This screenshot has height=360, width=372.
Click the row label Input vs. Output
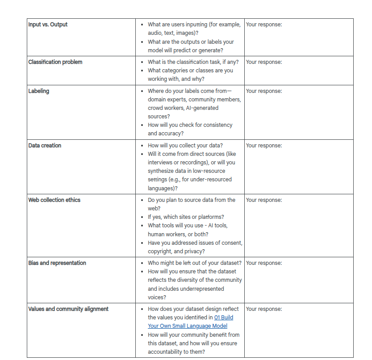[x=48, y=24]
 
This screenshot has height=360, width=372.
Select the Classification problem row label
[x=55, y=62]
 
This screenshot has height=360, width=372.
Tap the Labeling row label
[x=39, y=91]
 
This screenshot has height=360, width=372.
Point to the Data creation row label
[x=45, y=146]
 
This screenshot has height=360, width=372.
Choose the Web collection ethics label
[x=54, y=200]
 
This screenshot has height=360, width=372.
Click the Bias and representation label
[x=57, y=263]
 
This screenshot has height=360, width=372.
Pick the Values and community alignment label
[x=68, y=309]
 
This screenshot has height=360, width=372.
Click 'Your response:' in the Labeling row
[x=264, y=91]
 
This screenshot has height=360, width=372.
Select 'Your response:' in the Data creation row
[x=264, y=146]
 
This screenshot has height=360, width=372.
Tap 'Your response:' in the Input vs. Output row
[x=264, y=24]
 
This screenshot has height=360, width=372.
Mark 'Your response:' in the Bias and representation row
[x=264, y=263]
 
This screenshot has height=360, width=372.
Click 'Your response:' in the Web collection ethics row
[x=264, y=200]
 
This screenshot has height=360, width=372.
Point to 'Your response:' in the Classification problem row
[x=264, y=62]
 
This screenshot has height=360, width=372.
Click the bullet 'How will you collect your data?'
[x=185, y=146]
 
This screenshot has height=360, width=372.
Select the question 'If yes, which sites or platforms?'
[x=186, y=217]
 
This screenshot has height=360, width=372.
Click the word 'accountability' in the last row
[x=166, y=352]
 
